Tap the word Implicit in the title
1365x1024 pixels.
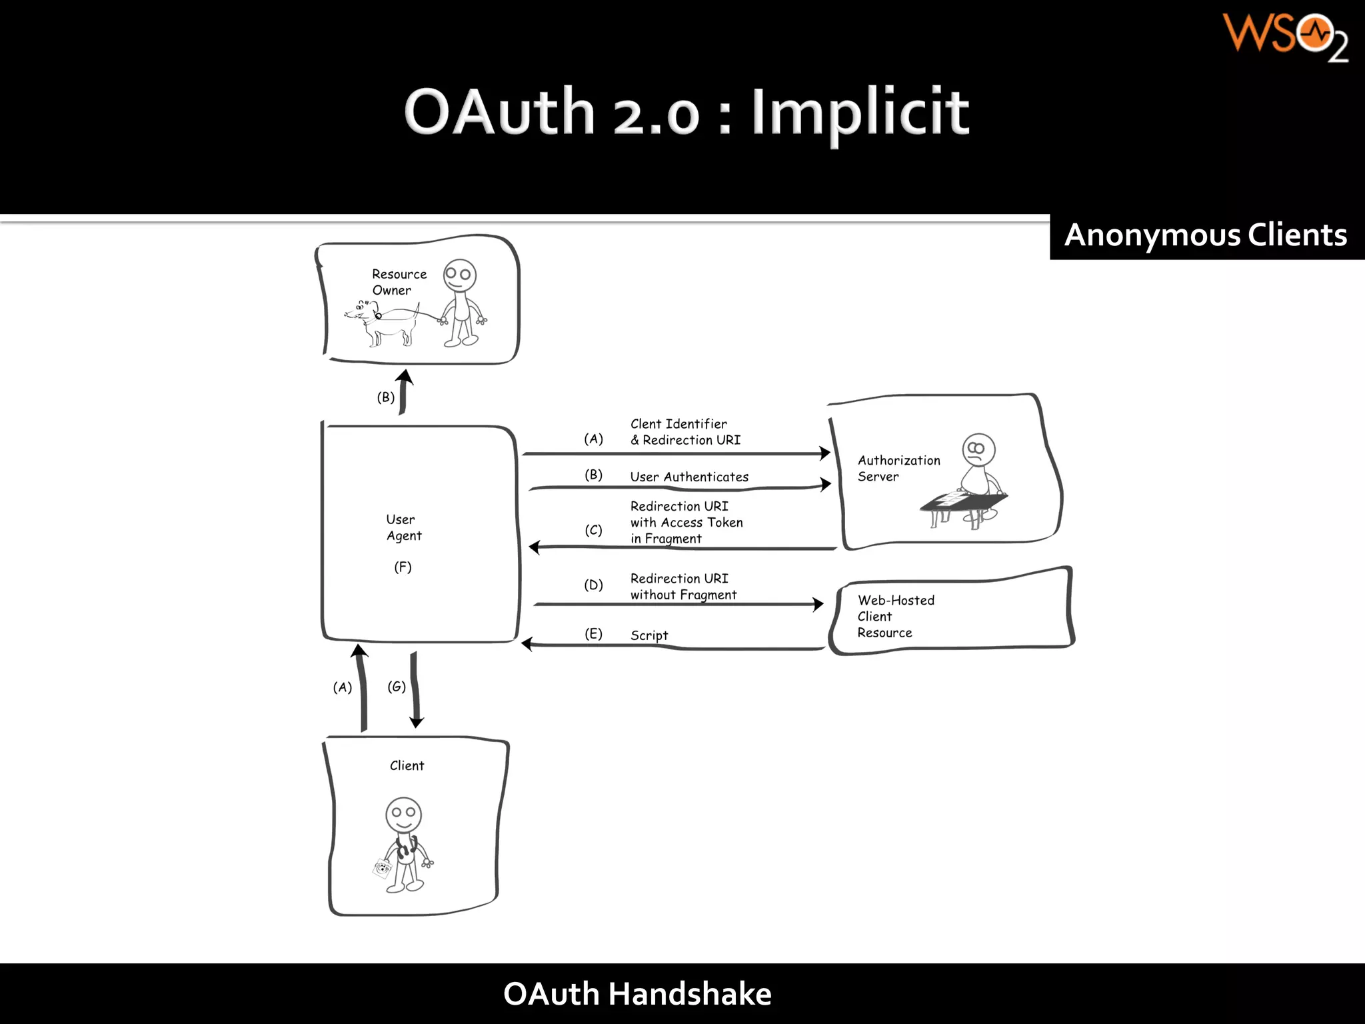coord(860,113)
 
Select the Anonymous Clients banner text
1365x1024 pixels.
coord(1205,236)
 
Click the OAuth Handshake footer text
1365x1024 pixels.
coord(637,994)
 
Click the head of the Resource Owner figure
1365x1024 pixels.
coord(460,274)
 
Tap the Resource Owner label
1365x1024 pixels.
coord(399,282)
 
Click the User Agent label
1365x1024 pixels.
coord(403,527)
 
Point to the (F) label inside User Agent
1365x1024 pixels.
coord(403,567)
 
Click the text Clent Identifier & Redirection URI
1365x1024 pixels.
coord(684,432)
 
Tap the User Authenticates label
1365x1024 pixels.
coord(689,477)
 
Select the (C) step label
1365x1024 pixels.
coord(593,530)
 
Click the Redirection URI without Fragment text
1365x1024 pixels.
coord(683,587)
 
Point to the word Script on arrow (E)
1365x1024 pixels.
coord(649,635)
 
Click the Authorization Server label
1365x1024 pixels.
coord(898,468)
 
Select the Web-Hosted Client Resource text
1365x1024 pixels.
coord(895,616)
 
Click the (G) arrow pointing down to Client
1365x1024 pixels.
coord(415,690)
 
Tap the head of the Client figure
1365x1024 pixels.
coord(403,814)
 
